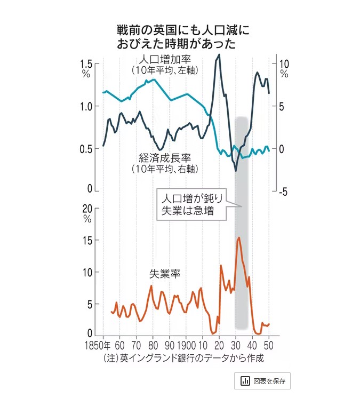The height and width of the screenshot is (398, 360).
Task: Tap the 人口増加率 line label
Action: point(164,60)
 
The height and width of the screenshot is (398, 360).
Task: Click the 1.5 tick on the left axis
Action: point(86,65)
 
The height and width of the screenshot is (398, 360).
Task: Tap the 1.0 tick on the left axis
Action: point(86,107)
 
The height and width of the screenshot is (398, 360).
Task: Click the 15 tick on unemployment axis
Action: point(87,241)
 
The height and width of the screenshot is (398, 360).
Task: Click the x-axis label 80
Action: point(153,345)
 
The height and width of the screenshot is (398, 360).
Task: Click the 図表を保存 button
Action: point(263,381)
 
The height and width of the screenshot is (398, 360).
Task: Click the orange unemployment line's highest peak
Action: point(238,238)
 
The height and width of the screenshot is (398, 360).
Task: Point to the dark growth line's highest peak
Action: point(219,55)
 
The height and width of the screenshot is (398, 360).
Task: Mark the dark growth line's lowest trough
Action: point(236,171)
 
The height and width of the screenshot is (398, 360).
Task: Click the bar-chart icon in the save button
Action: point(245,381)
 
